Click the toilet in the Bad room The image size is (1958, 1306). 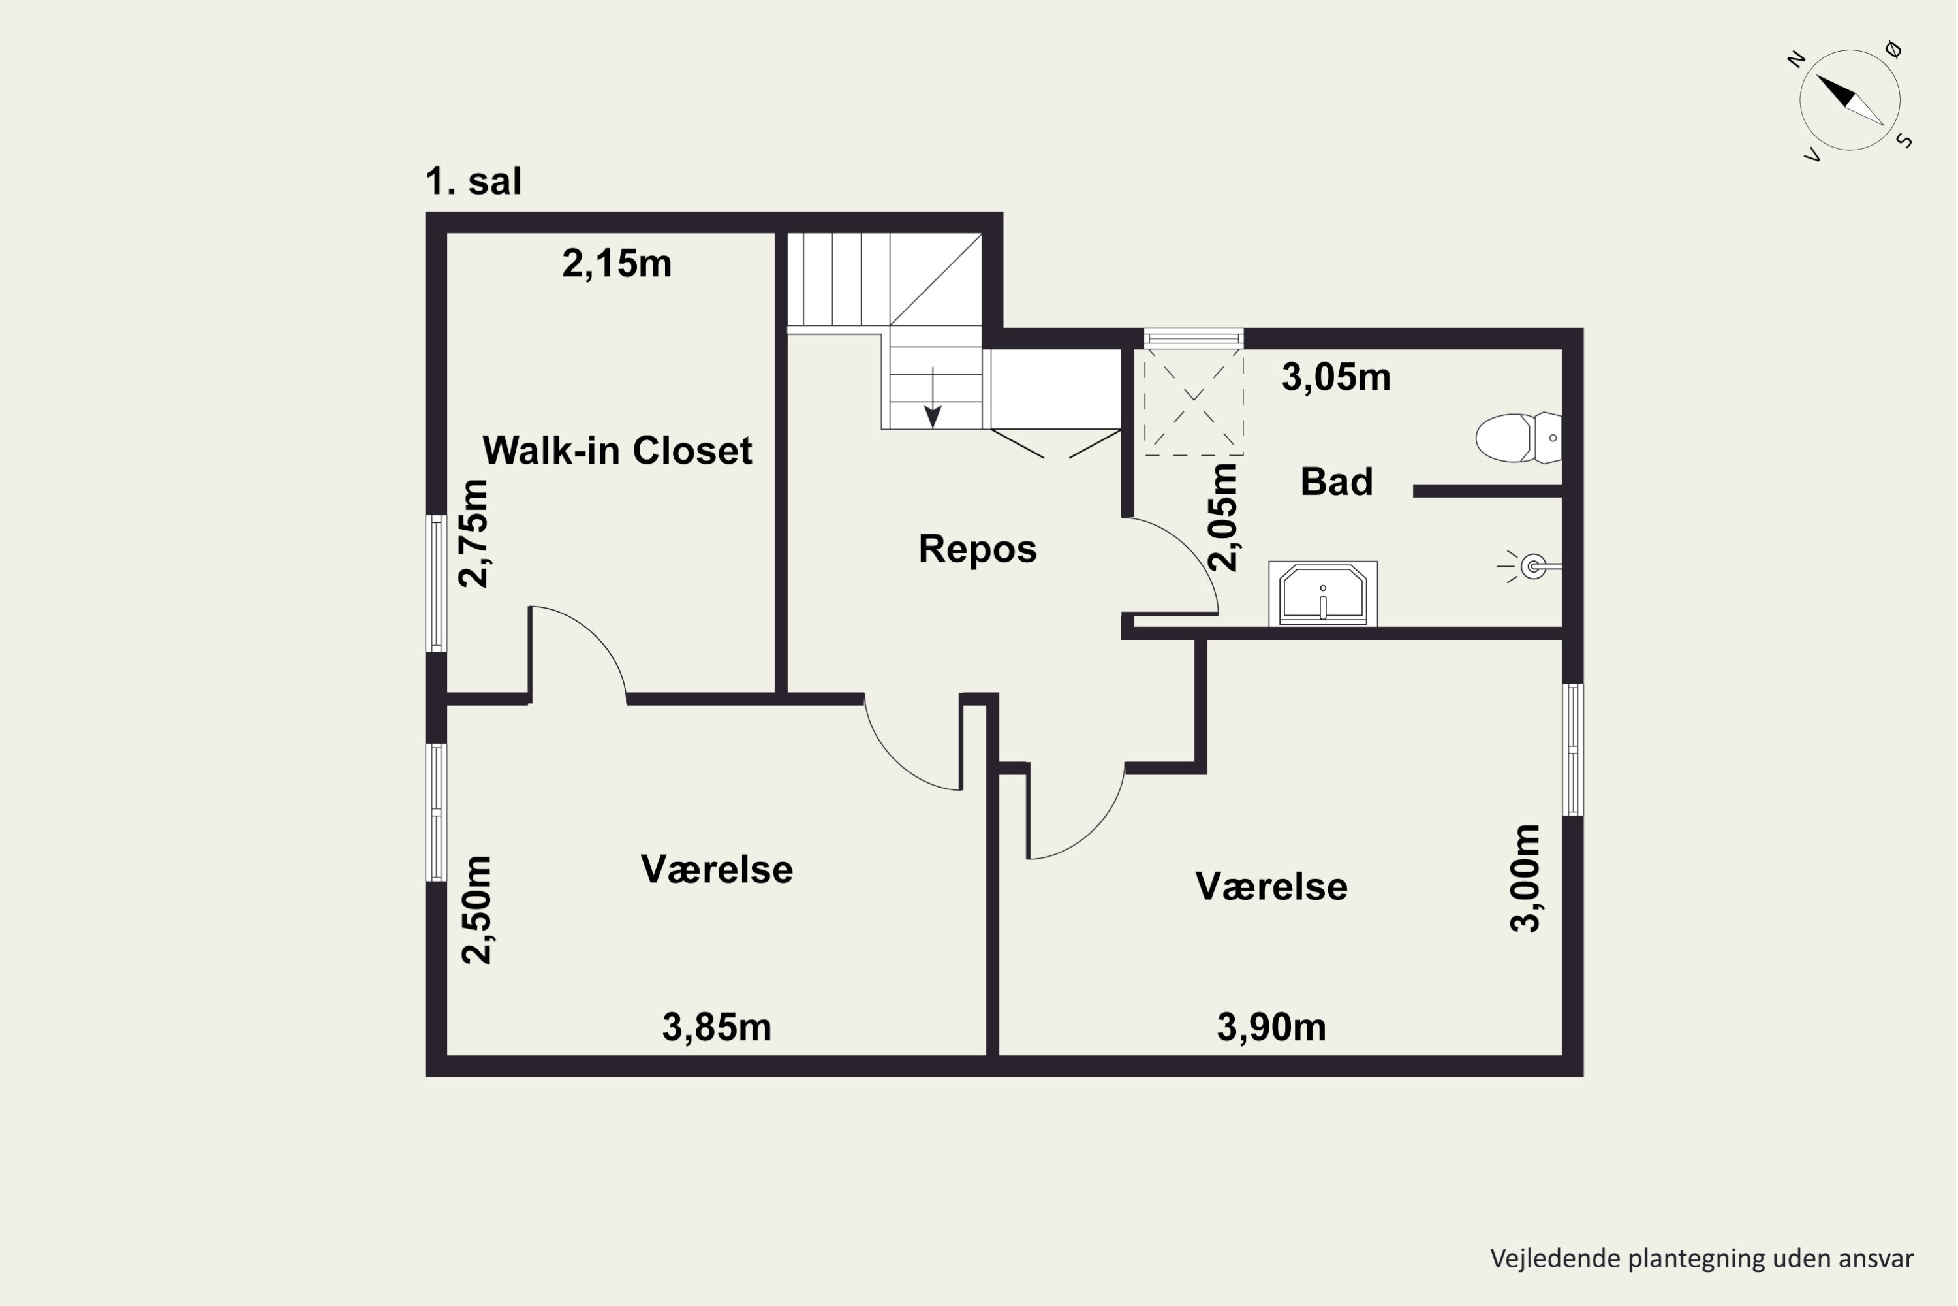pyautogui.click(x=1519, y=438)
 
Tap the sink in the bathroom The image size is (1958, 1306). pyautogui.click(x=1323, y=594)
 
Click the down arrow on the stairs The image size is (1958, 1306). pyautogui.click(x=933, y=398)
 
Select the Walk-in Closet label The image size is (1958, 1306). pyautogui.click(x=617, y=451)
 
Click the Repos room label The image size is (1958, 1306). pyautogui.click(x=977, y=549)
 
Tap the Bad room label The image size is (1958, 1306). pyautogui.click(x=1336, y=481)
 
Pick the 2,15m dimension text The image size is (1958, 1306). pyautogui.click(x=617, y=264)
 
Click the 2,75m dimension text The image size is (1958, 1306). pyautogui.click(x=474, y=534)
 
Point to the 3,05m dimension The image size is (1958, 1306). pyautogui.click(x=1336, y=377)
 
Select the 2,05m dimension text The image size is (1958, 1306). pyautogui.click(x=1224, y=517)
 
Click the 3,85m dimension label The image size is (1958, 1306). pyautogui.click(x=717, y=1028)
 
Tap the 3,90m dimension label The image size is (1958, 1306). pyautogui.click(x=1271, y=1028)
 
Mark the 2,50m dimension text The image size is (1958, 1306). pyautogui.click(x=477, y=910)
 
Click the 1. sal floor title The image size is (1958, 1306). pyautogui.click(x=474, y=181)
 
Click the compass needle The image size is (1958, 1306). pyautogui.click(x=1850, y=100)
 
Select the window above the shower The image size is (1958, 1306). pyautogui.click(x=1194, y=338)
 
